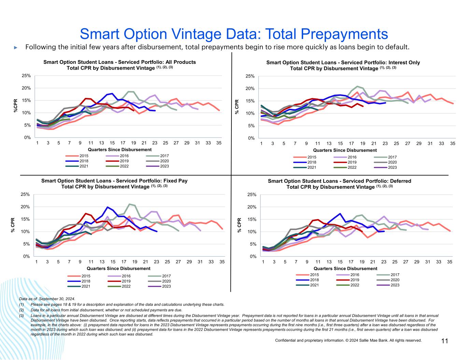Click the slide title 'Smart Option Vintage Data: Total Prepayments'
(234, 34)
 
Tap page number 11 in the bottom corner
(444, 341)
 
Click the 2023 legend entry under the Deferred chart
(391, 285)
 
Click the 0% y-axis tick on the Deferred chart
(253, 257)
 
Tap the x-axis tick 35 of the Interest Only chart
(453, 143)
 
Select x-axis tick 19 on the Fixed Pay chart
(135, 262)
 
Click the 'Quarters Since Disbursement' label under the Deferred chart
(345, 269)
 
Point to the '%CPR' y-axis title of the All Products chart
(15, 106)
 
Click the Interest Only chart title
(343, 65)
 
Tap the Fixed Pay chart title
(114, 184)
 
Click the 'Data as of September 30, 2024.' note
(47, 299)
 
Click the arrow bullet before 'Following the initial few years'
(15, 47)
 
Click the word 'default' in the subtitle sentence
(398, 47)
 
